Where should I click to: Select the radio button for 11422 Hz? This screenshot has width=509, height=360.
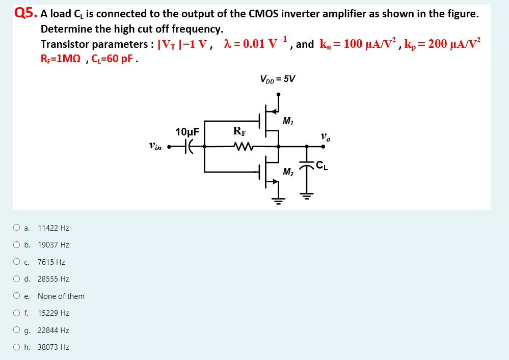tap(17, 228)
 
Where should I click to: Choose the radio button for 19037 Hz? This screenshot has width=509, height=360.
tap(17, 244)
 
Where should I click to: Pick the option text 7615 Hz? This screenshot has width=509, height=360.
tap(51, 262)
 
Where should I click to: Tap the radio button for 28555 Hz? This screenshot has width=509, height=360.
tap(17, 279)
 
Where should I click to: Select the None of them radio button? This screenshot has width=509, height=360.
tap(17, 296)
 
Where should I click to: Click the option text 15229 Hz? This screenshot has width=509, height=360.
tap(53, 313)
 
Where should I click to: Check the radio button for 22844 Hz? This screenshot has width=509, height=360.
tap(17, 330)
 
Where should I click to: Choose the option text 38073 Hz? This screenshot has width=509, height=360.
tap(53, 347)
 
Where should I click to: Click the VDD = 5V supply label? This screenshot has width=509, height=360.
tap(277, 79)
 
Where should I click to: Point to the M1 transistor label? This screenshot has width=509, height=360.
tap(288, 121)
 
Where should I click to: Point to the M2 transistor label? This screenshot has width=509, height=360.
tap(288, 172)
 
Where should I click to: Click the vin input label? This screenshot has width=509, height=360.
tap(156, 147)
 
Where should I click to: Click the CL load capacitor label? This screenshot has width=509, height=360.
tap(322, 164)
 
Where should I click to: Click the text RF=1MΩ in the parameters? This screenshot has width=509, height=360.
tap(59, 59)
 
